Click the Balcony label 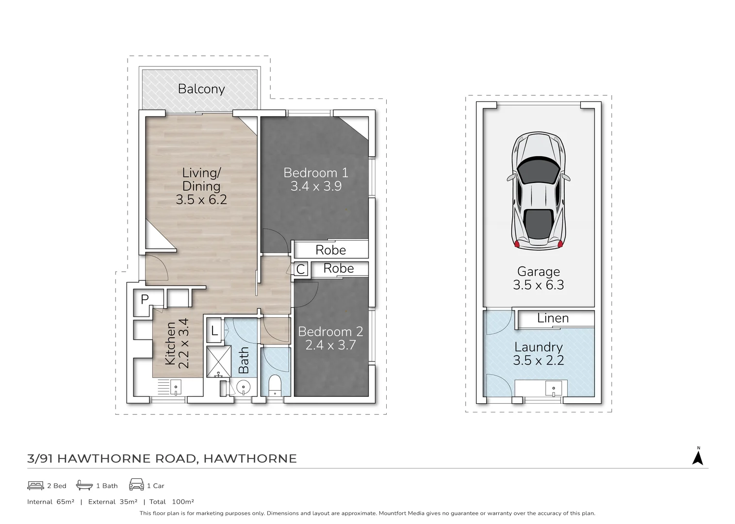(201, 89)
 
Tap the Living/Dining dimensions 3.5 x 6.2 (201, 199)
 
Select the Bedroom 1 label (316, 173)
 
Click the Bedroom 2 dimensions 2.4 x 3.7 (330, 345)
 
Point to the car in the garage (538, 191)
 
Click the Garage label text (538, 272)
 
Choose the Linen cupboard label (553, 318)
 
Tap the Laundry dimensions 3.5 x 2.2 (538, 360)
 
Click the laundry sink (553, 388)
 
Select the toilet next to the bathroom (275, 385)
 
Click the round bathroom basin (243, 387)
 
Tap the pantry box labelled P (145, 299)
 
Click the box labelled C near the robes (301, 269)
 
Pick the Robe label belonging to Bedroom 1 (330, 250)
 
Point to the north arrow (698, 457)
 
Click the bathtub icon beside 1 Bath (84, 485)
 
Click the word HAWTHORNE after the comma (250, 458)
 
